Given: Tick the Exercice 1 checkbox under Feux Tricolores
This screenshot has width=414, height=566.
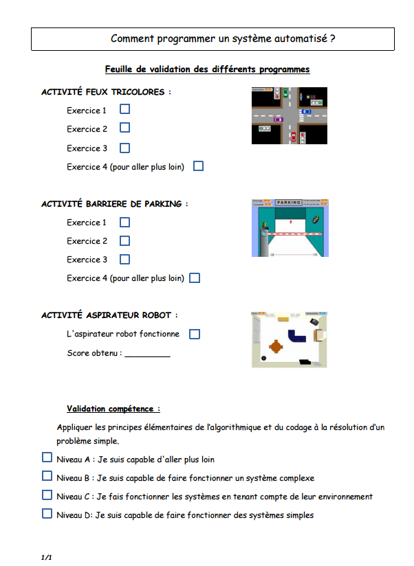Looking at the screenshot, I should (x=124, y=109).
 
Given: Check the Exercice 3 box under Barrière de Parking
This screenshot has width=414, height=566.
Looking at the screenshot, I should (x=124, y=259).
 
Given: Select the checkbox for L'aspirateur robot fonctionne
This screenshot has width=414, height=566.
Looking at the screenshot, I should (x=195, y=334).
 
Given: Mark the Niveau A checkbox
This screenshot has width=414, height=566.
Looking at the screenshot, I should (x=47, y=457).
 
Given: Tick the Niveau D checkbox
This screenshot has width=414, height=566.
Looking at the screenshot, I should (x=47, y=513).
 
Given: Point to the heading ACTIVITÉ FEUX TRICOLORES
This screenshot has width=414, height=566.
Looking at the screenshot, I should (x=106, y=91).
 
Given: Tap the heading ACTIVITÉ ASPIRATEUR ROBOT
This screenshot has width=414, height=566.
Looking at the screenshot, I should (x=109, y=315).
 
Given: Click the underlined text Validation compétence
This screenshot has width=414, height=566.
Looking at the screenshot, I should (x=113, y=409).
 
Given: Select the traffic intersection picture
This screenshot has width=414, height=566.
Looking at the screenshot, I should (x=289, y=115).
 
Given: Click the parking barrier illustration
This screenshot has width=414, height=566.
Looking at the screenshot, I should (x=289, y=227).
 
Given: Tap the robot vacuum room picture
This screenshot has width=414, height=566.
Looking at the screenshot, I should (x=289, y=339).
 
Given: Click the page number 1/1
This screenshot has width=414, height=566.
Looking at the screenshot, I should (x=47, y=557).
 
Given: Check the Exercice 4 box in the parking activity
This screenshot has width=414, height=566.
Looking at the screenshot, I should (x=195, y=278).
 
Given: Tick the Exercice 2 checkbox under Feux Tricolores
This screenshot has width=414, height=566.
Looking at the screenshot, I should (x=124, y=128).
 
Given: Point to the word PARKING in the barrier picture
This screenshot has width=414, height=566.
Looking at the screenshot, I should (x=289, y=203).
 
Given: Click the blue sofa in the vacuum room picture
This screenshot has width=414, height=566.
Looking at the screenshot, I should (x=298, y=336).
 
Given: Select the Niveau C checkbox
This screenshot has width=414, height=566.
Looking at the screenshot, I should (x=47, y=495).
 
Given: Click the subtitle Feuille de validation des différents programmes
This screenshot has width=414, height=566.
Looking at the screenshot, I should (x=207, y=69).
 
